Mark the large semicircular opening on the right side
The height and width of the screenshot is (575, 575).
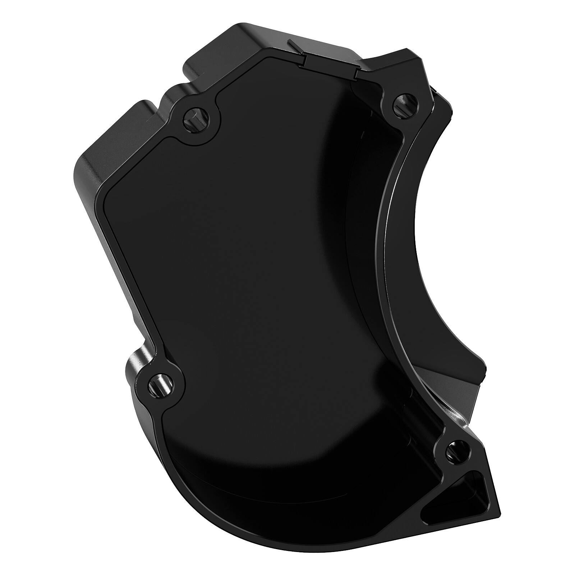tap(449, 252)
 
